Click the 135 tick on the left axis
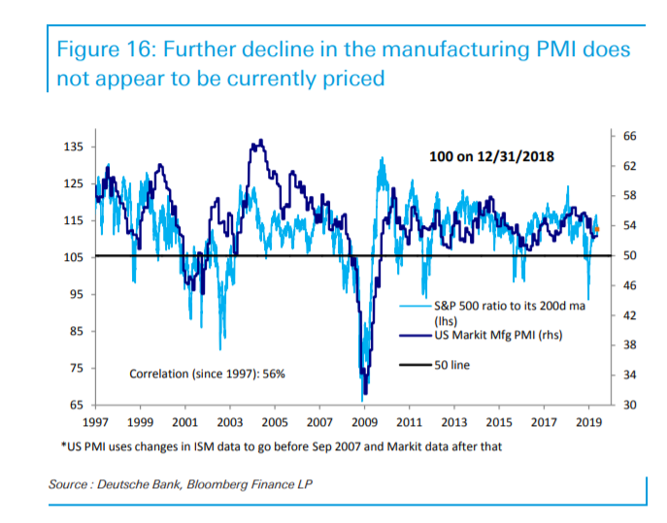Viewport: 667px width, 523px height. click(75, 147)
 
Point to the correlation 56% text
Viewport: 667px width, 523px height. click(207, 373)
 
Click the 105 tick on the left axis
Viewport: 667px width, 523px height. click(75, 257)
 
